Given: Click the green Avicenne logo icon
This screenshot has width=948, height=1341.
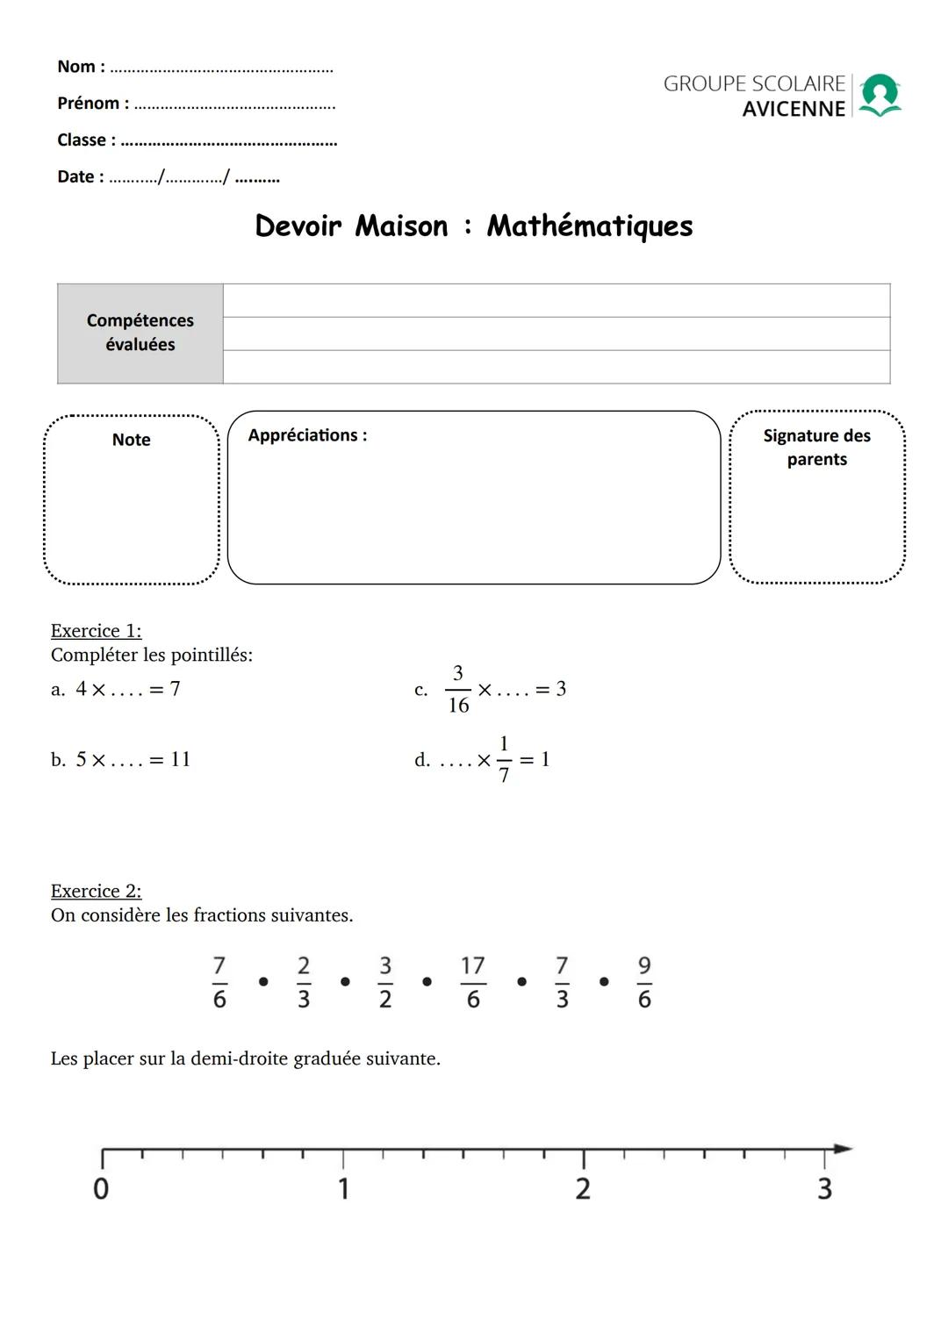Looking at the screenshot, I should pos(880,95).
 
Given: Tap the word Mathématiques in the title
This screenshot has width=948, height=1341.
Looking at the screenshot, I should pos(590,226).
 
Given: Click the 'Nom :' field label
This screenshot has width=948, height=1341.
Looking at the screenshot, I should pos(81,67).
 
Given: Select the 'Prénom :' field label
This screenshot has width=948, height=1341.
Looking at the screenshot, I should pos(93,104).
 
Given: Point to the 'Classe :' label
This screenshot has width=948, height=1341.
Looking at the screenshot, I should pos(86,140).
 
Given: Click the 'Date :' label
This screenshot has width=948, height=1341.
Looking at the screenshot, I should pos(80,177).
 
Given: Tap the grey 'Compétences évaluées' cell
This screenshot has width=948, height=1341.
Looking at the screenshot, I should pos(140,333).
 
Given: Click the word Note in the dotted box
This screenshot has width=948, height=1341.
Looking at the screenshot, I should pos(132,440).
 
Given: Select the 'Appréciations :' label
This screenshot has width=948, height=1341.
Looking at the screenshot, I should pos(307,435).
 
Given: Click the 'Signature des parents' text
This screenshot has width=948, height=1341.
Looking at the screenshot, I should pos(816,448).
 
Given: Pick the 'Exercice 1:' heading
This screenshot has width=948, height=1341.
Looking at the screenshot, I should pos(96,631).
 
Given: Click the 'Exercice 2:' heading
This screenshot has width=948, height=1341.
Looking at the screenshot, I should pos(96,892).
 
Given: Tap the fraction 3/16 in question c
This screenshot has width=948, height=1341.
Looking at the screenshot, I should pos(457,690).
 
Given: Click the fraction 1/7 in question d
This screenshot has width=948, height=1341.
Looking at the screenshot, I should pos(504,760).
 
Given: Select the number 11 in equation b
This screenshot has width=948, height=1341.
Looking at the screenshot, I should pos(181,760).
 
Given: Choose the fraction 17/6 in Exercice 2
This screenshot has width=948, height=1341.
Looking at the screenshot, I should pos(473,983).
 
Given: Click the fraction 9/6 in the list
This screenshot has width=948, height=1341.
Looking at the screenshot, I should pos(644,983).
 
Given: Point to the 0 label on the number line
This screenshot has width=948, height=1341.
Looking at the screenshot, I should pos(101,1189).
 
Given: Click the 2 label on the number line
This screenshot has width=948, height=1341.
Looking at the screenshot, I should pos(583,1189).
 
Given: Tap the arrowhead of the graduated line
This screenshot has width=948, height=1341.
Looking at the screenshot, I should pos(843,1148).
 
